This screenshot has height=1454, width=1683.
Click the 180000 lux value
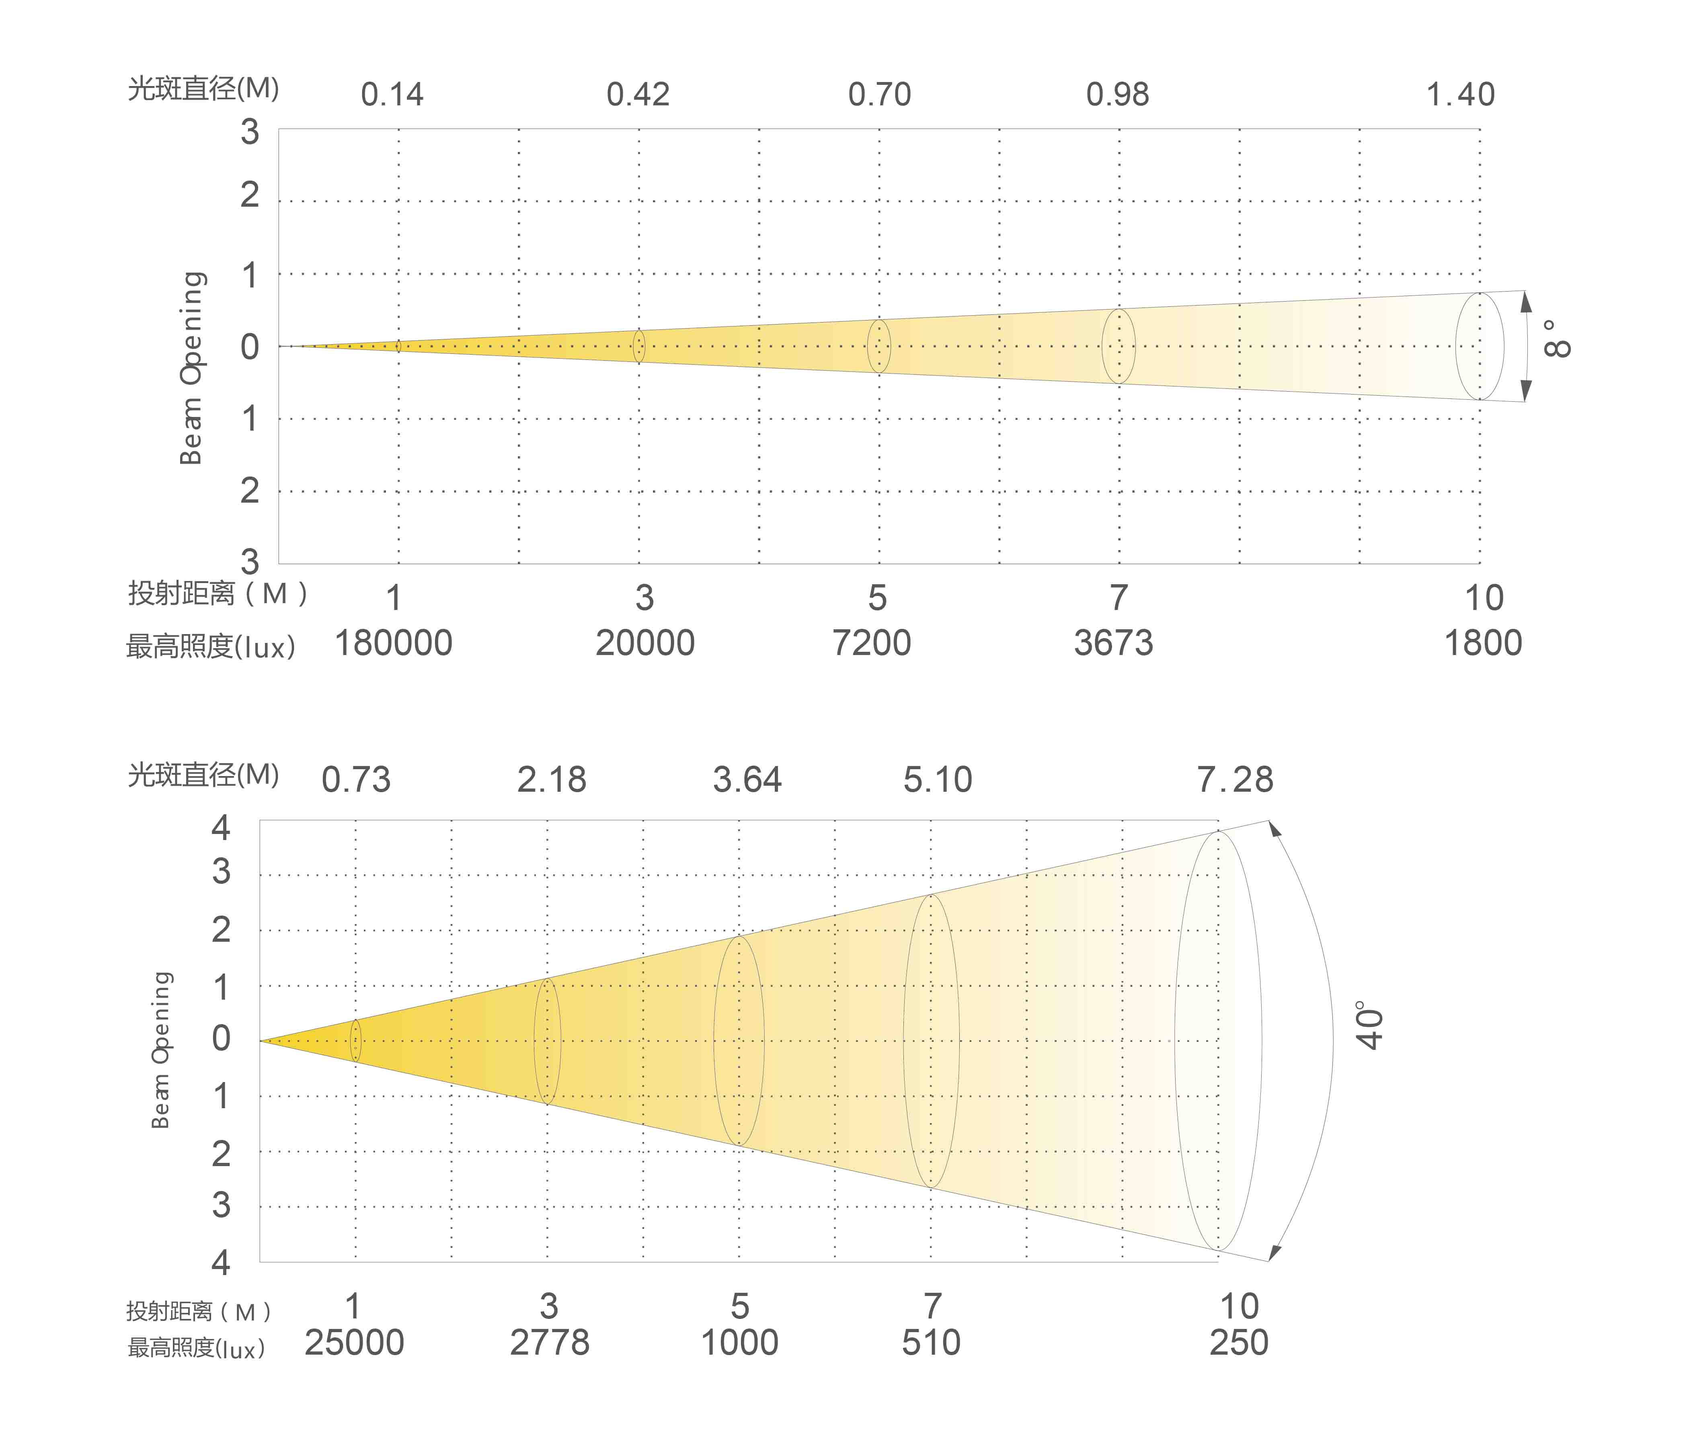[393, 643]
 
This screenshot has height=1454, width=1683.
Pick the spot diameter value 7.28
[1235, 780]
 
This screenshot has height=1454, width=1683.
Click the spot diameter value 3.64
[747, 780]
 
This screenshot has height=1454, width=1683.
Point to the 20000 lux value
[645, 643]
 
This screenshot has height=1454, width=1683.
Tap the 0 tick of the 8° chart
[249, 347]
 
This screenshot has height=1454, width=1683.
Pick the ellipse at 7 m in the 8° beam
[1119, 346]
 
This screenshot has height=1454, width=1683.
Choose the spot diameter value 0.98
[1118, 95]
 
